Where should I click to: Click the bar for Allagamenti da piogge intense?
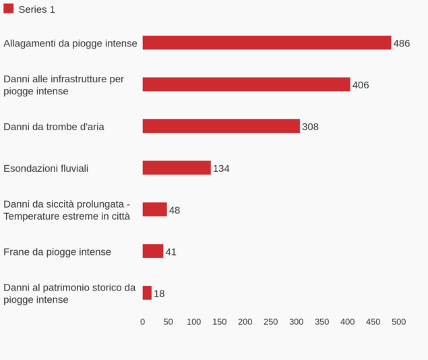(x=266, y=42)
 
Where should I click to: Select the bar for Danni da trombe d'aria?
(x=221, y=126)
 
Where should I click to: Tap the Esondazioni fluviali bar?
(x=177, y=168)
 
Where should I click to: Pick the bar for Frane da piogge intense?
(x=153, y=251)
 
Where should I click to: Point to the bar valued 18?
(x=147, y=293)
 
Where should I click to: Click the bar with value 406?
(x=246, y=84)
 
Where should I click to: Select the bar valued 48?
(x=154, y=210)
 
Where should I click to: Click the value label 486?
(x=402, y=43)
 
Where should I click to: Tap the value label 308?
(x=310, y=127)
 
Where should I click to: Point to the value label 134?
(x=221, y=169)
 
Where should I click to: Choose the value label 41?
(x=171, y=252)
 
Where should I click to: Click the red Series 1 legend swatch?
(x=9, y=9)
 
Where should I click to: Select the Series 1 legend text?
(x=37, y=9)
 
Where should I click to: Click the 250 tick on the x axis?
(x=270, y=322)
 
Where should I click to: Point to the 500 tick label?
(x=398, y=322)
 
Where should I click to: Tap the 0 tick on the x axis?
(x=142, y=322)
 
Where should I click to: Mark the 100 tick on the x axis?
(x=193, y=322)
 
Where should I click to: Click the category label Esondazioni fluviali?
(x=46, y=169)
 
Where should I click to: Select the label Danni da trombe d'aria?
(x=54, y=127)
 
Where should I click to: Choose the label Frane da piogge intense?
(x=57, y=252)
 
